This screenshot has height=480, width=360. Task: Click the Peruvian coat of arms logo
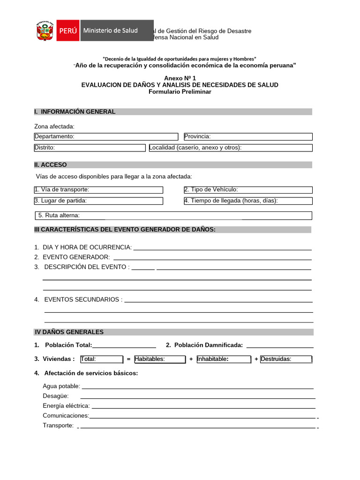(x=45, y=31)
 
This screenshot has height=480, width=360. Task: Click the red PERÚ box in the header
(x=68, y=30)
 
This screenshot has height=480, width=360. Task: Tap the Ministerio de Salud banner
(x=117, y=30)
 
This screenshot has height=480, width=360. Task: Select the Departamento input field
(x=106, y=136)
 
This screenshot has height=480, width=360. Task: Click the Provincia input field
(x=248, y=136)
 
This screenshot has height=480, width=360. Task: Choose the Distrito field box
(x=90, y=148)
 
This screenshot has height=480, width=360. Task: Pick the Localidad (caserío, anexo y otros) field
(x=230, y=148)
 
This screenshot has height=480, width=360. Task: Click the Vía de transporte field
(x=98, y=190)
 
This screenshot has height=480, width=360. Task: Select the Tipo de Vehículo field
(x=248, y=190)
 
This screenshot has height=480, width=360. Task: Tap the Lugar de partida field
(x=98, y=201)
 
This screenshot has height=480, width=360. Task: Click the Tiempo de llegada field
(x=248, y=201)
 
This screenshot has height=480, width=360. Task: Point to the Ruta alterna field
(x=173, y=216)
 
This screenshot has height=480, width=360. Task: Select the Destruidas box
(x=285, y=359)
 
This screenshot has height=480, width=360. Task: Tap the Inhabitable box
(x=224, y=359)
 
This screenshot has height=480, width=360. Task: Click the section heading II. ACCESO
(x=51, y=165)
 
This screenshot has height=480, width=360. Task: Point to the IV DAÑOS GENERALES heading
(x=69, y=332)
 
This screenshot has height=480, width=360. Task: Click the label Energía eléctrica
(x=66, y=406)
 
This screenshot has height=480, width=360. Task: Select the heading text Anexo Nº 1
(x=180, y=78)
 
